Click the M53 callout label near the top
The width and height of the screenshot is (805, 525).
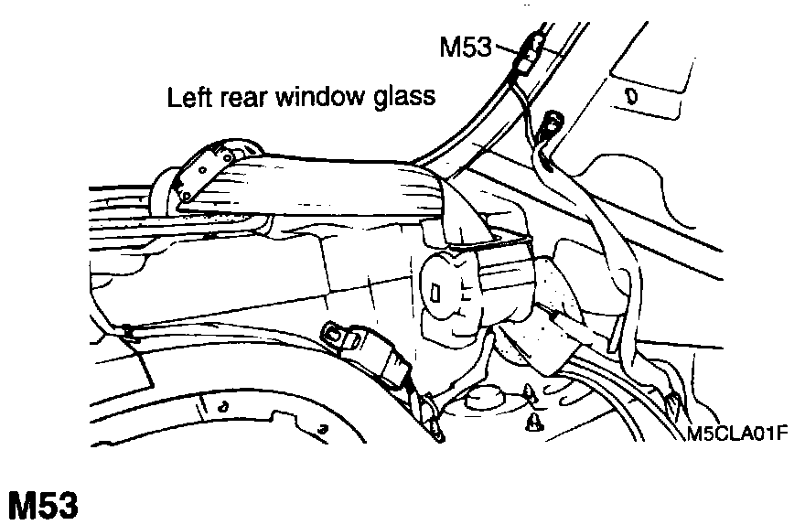(467, 47)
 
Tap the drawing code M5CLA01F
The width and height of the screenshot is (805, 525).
(737, 431)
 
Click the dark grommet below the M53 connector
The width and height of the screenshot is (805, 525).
(553, 122)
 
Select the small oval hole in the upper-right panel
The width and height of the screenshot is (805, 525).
(629, 94)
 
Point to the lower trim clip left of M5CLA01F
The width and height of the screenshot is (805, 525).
(535, 424)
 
